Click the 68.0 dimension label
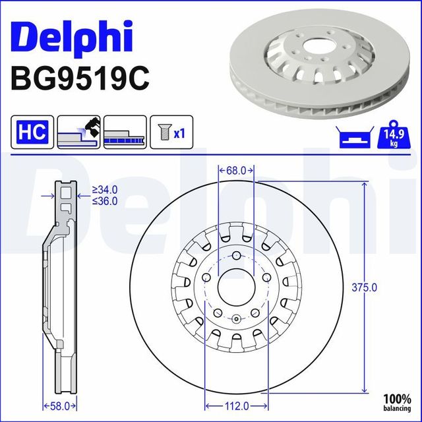pos(235,170)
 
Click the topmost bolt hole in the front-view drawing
pos(235,257)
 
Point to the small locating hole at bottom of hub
pos(235,319)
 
